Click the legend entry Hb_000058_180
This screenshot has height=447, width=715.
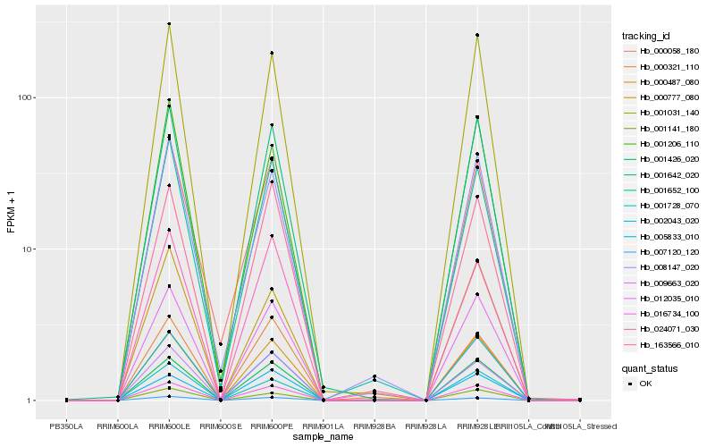[x=661, y=52]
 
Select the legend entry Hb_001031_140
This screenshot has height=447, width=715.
[x=661, y=113]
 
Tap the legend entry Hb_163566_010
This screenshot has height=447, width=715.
[x=661, y=344]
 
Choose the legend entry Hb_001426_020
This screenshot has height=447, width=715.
[x=661, y=159]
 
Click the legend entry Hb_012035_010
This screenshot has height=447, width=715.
[x=661, y=298]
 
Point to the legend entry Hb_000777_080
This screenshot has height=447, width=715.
[x=661, y=97]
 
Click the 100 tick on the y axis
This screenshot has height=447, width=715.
[x=26, y=97]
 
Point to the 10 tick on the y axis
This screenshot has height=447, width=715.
[x=29, y=249]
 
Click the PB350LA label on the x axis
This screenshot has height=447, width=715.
[x=67, y=426]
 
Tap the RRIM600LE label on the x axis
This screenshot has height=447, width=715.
[x=169, y=426]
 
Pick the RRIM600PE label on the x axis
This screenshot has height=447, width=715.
[x=272, y=426]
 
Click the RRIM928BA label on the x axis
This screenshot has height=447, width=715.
[x=374, y=426]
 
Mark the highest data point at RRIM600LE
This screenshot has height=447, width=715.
[x=169, y=24]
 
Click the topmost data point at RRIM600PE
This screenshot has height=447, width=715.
[x=272, y=53]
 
